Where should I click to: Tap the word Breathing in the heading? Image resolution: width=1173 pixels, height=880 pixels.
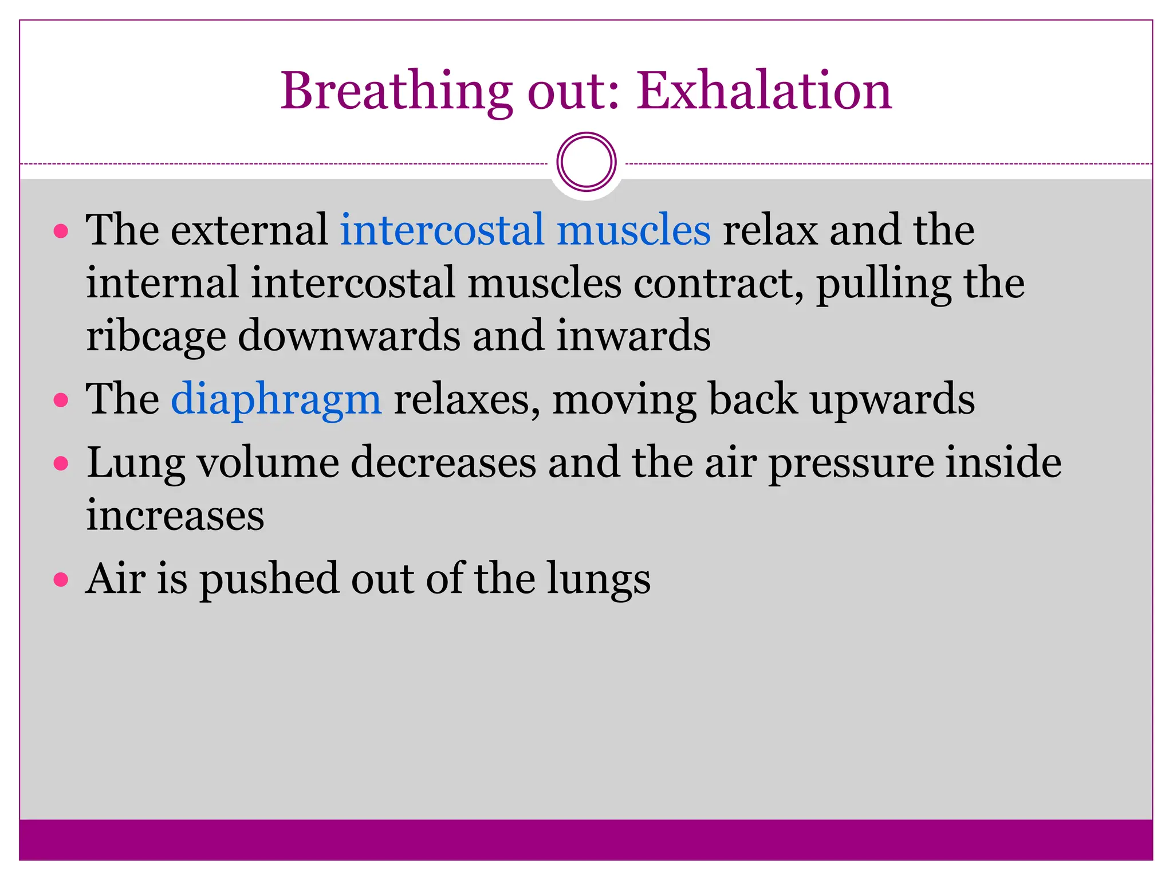tap(396, 92)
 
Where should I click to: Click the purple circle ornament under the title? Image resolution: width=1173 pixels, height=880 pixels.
tap(586, 162)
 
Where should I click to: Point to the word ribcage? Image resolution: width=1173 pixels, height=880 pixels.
tap(155, 337)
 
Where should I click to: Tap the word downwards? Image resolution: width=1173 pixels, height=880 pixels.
tap(349, 336)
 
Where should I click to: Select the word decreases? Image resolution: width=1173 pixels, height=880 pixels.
tap(443, 462)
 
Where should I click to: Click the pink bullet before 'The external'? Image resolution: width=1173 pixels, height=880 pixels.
tap(61, 231)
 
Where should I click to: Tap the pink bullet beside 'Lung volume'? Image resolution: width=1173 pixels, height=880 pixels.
tap(61, 463)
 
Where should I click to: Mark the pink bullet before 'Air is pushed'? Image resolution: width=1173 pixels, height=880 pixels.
tap(61, 580)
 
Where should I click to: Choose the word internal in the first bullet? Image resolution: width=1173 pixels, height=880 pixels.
tap(162, 283)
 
